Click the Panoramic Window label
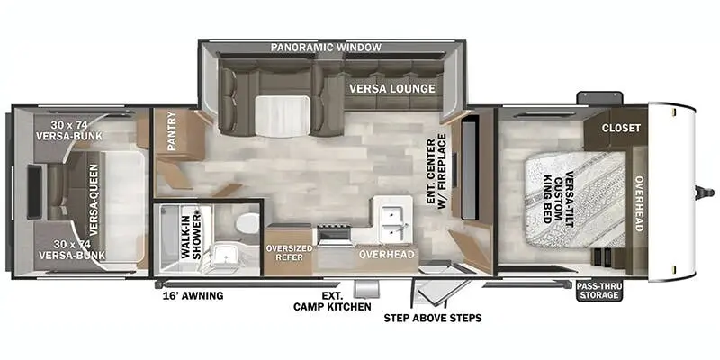click(326, 47)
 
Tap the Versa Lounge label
click(391, 88)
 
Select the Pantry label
click(172, 130)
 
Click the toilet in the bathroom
click(248, 222)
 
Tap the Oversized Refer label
click(289, 253)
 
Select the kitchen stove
click(334, 235)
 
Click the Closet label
click(621, 128)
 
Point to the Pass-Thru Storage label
click(599, 290)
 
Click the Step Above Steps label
click(433, 318)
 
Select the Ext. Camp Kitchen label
click(332, 301)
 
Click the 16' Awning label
click(193, 296)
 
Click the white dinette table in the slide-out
click(282, 116)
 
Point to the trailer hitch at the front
click(705, 193)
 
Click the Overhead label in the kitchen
click(387, 254)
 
